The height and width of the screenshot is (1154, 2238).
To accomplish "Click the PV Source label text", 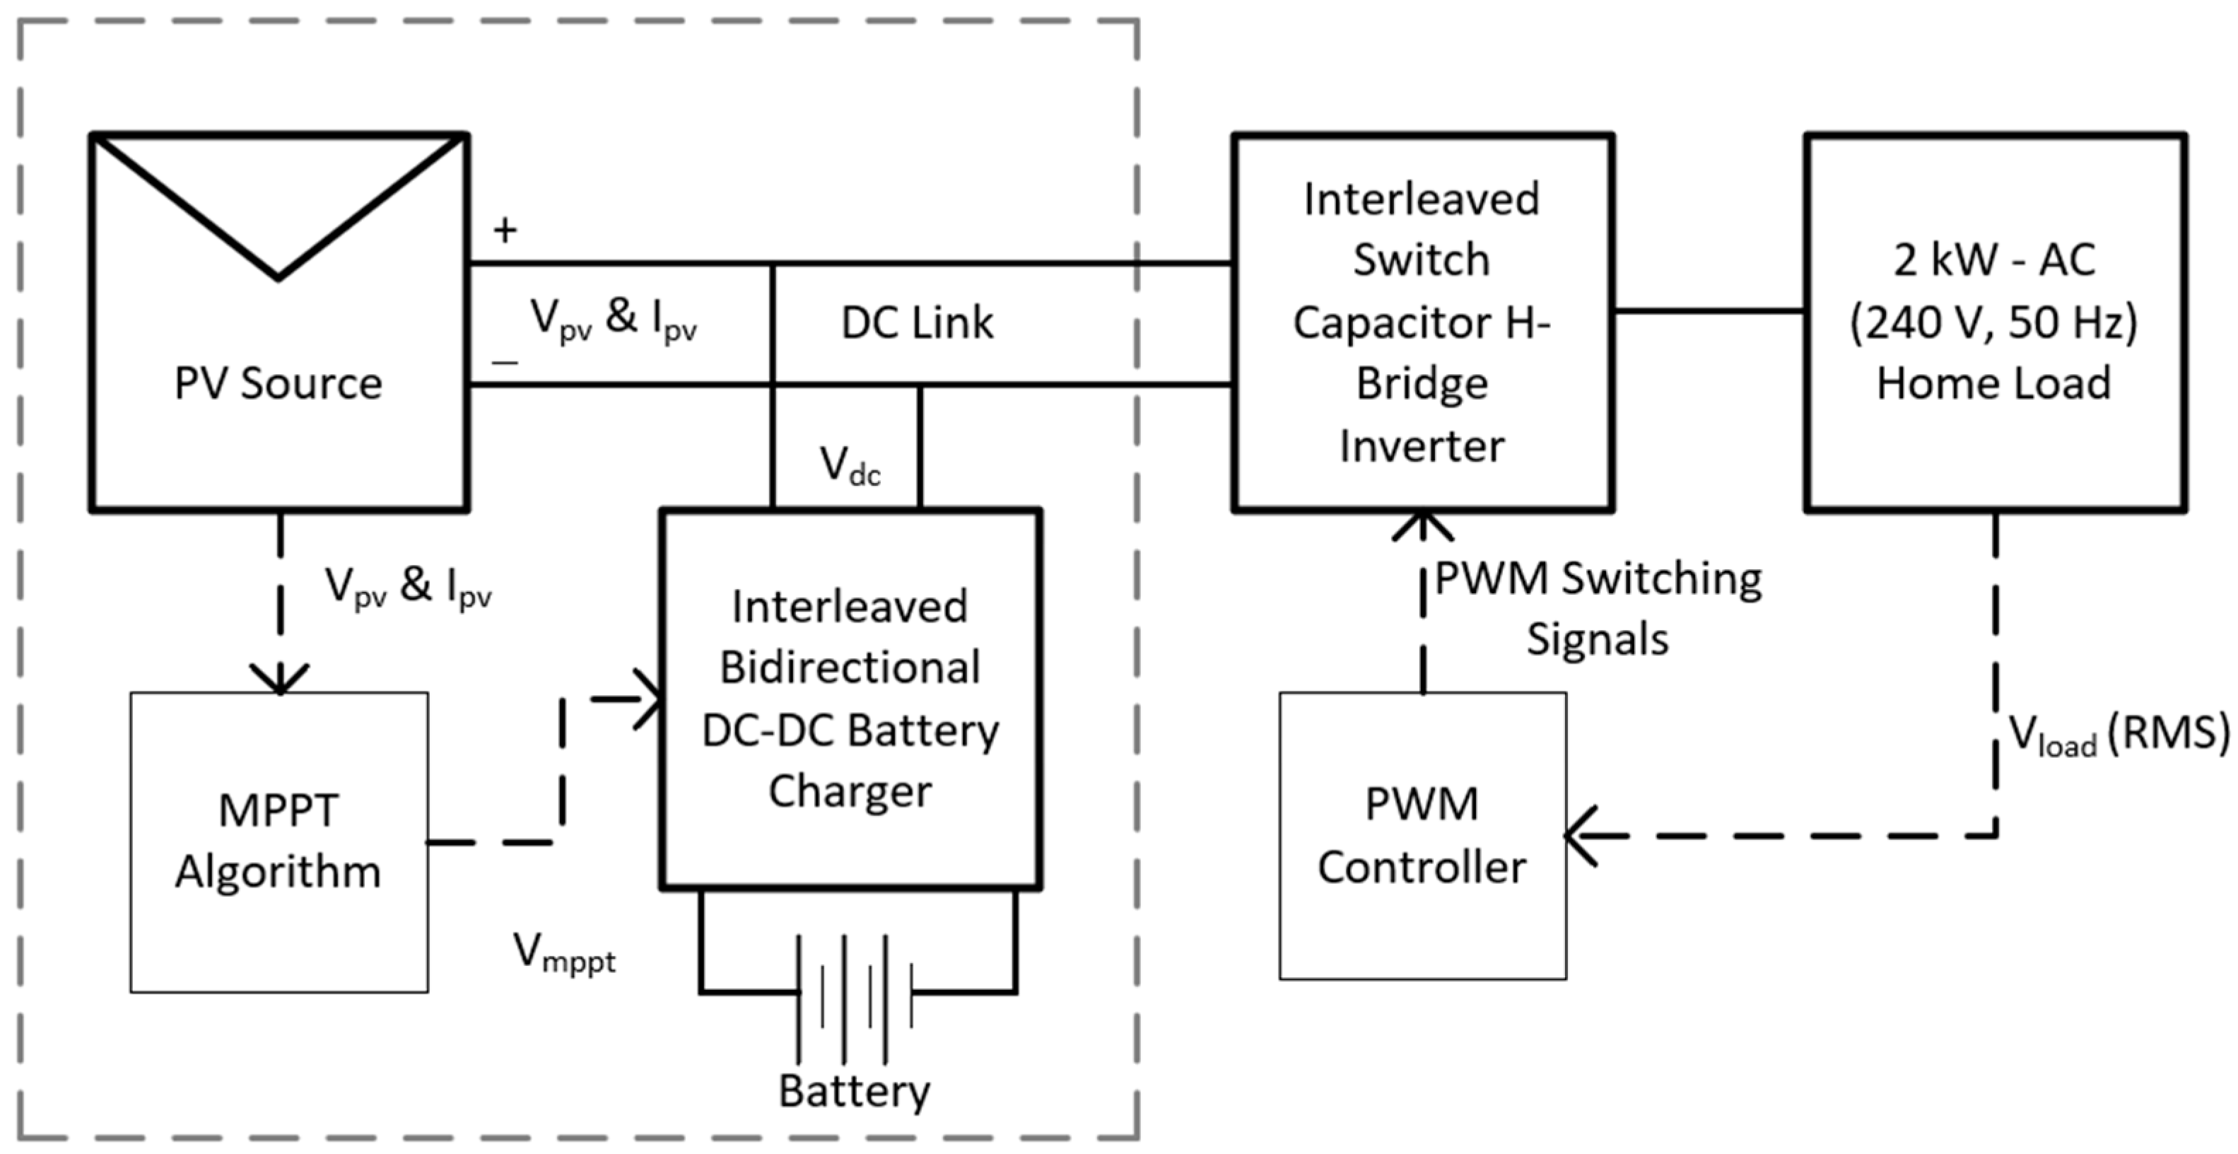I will pos(278,383).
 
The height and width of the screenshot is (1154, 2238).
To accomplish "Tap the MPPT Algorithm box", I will pos(279,841).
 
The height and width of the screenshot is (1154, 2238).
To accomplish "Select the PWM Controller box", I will pos(1422,835).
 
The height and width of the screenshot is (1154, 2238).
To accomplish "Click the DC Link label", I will pos(917,323).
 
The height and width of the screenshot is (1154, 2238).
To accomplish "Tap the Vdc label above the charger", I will pos(850,467).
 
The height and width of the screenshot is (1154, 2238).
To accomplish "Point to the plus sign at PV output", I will pos(505,231).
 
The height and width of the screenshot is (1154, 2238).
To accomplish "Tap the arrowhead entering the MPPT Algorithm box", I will pos(280,679).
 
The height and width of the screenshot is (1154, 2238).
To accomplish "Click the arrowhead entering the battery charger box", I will pos(650,699).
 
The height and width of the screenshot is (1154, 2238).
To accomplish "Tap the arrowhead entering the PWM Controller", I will pos(1581,836).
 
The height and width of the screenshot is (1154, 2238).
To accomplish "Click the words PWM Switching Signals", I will pos(1598,608).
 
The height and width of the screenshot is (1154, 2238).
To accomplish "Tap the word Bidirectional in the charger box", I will pos(850,668).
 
